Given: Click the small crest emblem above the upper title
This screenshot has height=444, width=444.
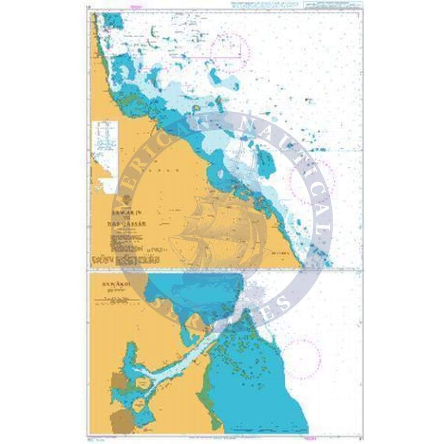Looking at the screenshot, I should [x=126, y=200].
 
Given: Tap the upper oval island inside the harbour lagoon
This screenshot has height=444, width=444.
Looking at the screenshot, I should [x=143, y=383].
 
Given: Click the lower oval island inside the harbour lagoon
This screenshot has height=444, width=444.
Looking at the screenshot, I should [x=138, y=407].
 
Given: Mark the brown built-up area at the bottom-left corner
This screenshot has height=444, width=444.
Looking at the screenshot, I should [x=122, y=422].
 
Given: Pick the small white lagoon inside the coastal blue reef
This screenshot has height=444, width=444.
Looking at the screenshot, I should [x=220, y=174].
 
